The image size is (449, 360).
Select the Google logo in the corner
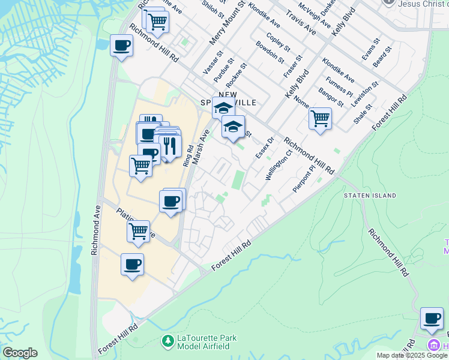(20, 353)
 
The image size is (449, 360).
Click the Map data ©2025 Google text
(412, 355)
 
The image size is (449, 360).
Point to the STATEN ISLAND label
(370, 196)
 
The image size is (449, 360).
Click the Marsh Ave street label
(200, 146)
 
